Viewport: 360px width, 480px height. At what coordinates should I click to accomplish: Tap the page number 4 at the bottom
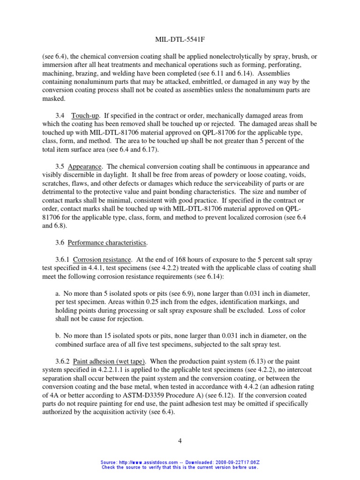[180, 441]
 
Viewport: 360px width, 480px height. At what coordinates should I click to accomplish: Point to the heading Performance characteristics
[107, 242]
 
